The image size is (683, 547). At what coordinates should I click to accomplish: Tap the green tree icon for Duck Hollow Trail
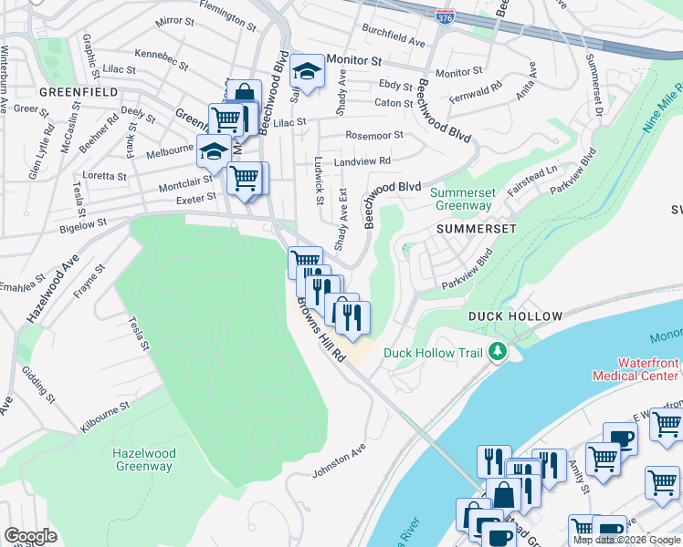pos(497,351)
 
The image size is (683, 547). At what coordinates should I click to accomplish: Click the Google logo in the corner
pos(30,536)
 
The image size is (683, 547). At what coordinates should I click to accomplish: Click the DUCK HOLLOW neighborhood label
pos(515,316)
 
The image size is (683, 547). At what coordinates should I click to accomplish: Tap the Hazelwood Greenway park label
pos(143,459)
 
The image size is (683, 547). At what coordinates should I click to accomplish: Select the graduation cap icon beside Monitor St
pos(308,71)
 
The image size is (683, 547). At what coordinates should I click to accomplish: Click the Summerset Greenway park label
pos(461,199)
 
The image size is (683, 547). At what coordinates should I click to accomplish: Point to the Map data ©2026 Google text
pos(625,540)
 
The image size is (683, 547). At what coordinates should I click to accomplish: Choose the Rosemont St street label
pos(373,135)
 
